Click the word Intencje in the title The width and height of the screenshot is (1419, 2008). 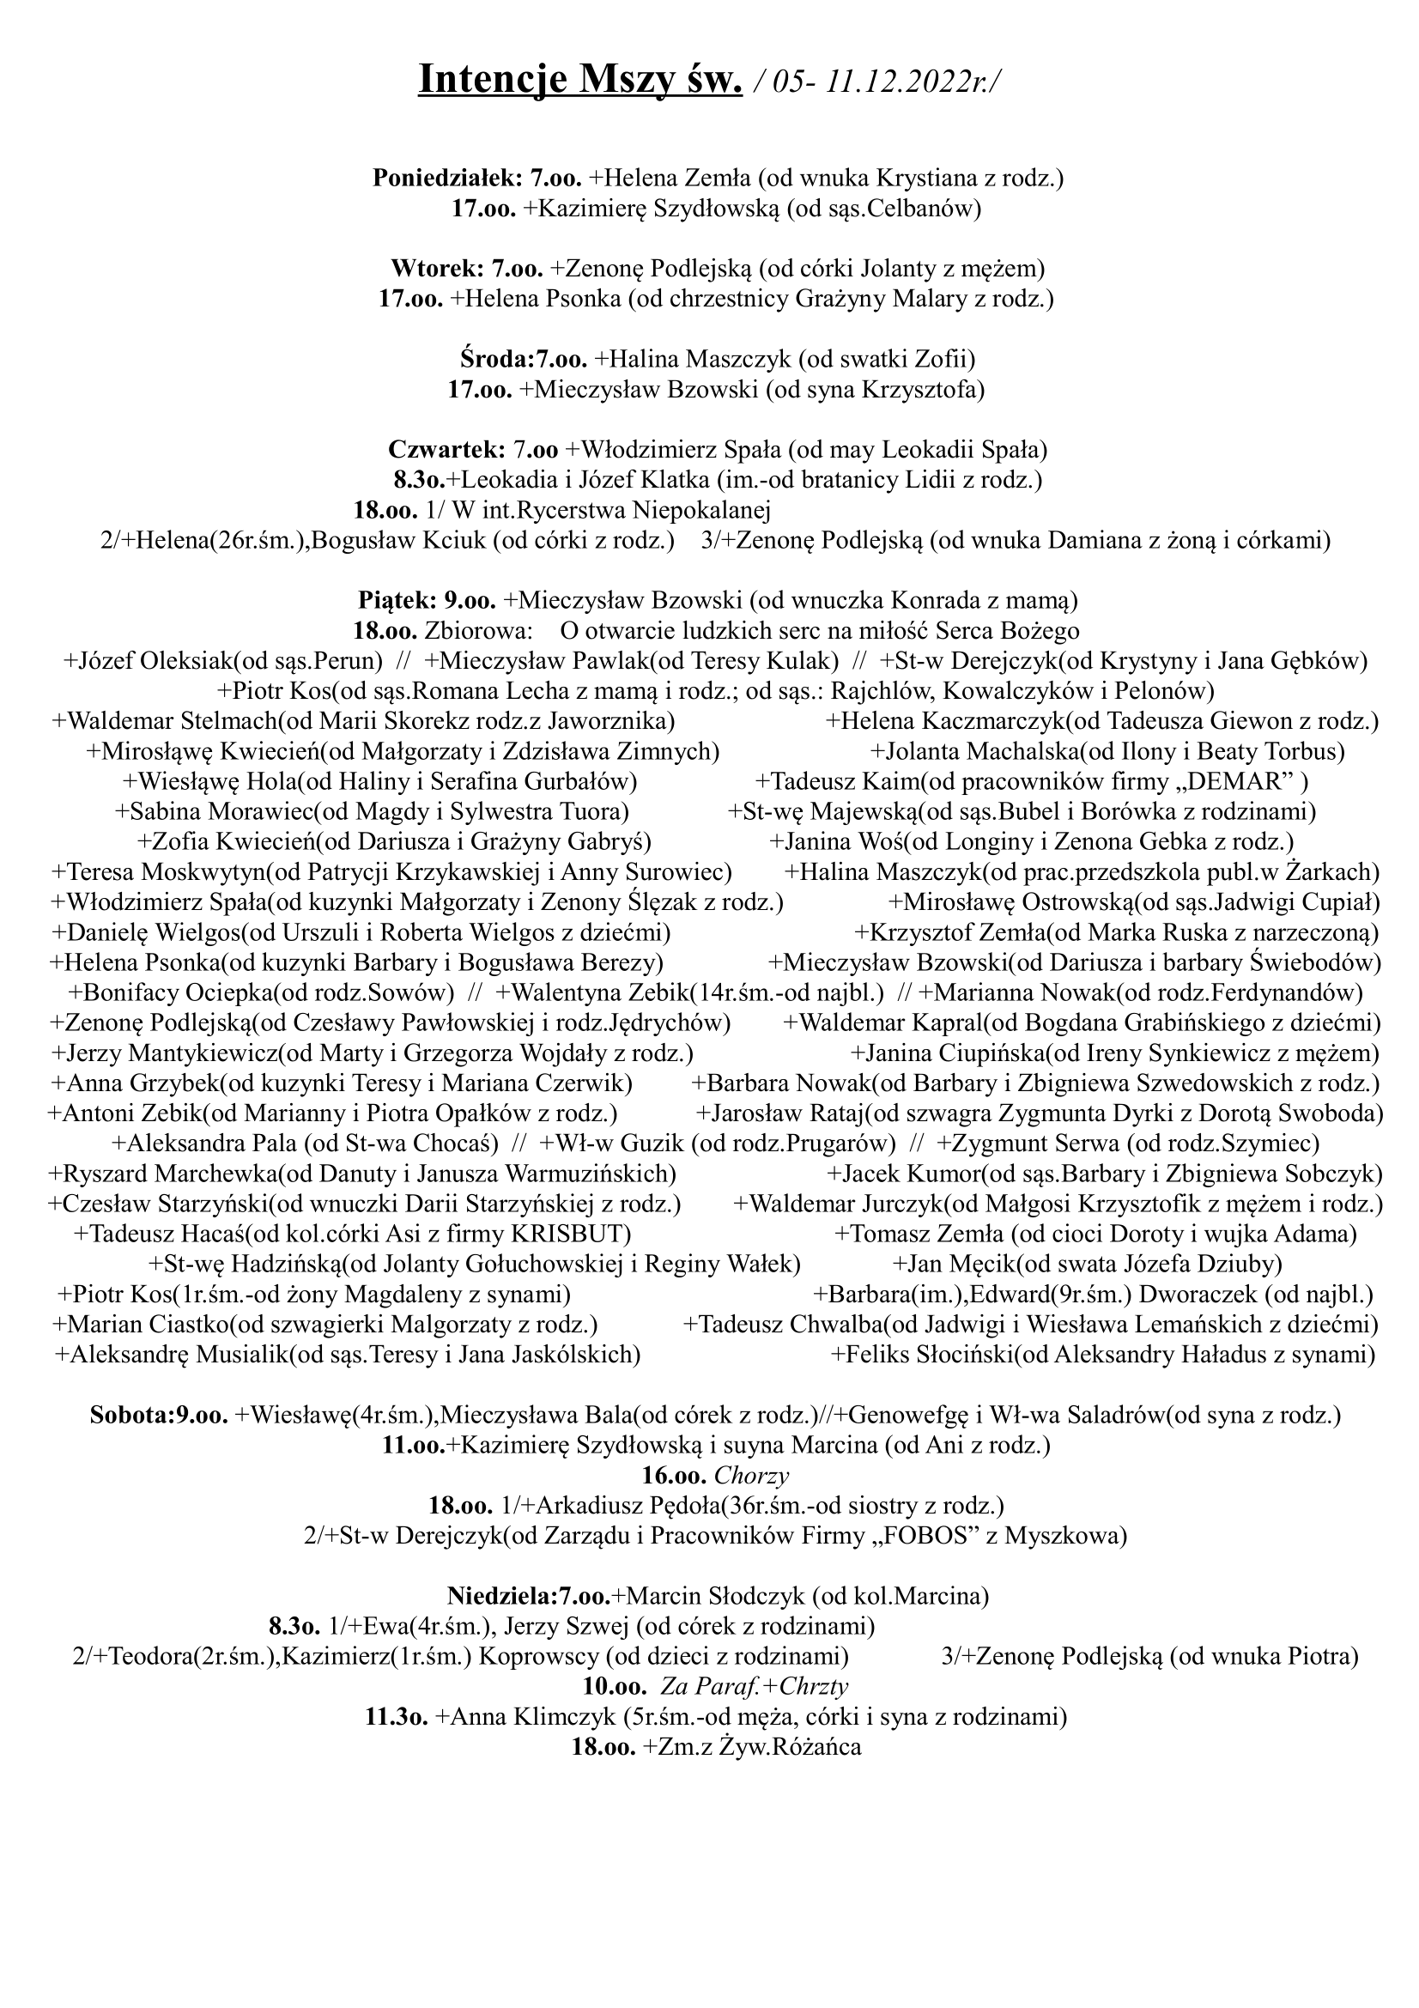point(490,81)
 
